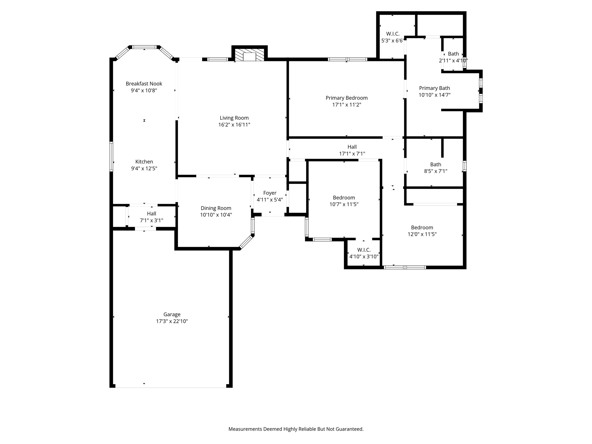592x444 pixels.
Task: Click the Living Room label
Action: pyautogui.click(x=234, y=118)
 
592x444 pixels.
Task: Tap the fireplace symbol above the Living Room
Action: pyautogui.click(x=249, y=55)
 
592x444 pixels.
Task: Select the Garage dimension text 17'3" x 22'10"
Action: pyautogui.click(x=172, y=321)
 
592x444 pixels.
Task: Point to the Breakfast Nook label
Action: pyautogui.click(x=144, y=84)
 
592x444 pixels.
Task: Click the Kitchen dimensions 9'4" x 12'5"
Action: pyautogui.click(x=144, y=169)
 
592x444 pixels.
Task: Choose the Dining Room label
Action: pyautogui.click(x=216, y=208)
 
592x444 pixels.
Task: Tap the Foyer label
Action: pyautogui.click(x=270, y=193)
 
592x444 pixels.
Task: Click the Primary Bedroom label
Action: pyautogui.click(x=347, y=98)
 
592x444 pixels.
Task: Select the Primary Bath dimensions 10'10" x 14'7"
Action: pyautogui.click(x=434, y=95)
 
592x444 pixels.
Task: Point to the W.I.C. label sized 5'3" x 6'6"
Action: pyautogui.click(x=393, y=34)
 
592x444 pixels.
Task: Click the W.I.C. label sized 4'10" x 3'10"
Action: pyautogui.click(x=364, y=250)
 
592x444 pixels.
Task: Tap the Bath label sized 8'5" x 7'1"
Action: pyautogui.click(x=436, y=165)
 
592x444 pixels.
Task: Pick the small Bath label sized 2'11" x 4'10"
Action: pyautogui.click(x=453, y=54)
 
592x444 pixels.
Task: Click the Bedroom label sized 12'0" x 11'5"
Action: pyautogui.click(x=422, y=228)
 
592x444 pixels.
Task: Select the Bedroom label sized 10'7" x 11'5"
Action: pyautogui.click(x=344, y=198)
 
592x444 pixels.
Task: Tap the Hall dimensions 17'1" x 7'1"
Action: pyautogui.click(x=352, y=154)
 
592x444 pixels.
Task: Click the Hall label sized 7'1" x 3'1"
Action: pyautogui.click(x=151, y=214)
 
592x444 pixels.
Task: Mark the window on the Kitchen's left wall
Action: pyautogui.click(x=111, y=156)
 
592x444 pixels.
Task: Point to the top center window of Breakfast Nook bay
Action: pyautogui.click(x=145, y=47)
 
